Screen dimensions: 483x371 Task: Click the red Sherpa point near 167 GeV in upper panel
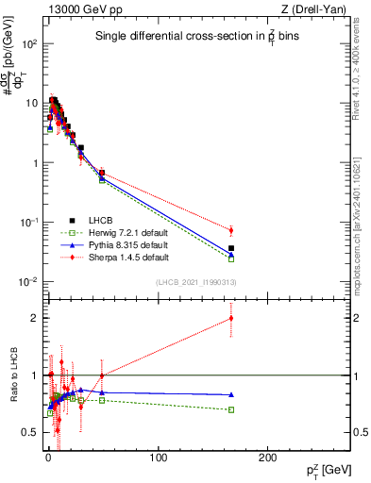(231, 230)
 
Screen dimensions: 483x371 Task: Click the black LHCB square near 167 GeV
(231, 248)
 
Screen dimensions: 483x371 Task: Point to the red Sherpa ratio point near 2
(231, 318)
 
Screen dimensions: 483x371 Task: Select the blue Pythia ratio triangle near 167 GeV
(231, 394)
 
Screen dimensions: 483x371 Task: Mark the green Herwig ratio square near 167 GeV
(231, 409)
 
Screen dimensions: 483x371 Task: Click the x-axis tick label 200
(267, 457)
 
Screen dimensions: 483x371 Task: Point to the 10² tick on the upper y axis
(27, 44)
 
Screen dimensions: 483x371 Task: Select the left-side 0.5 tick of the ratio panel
(30, 432)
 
